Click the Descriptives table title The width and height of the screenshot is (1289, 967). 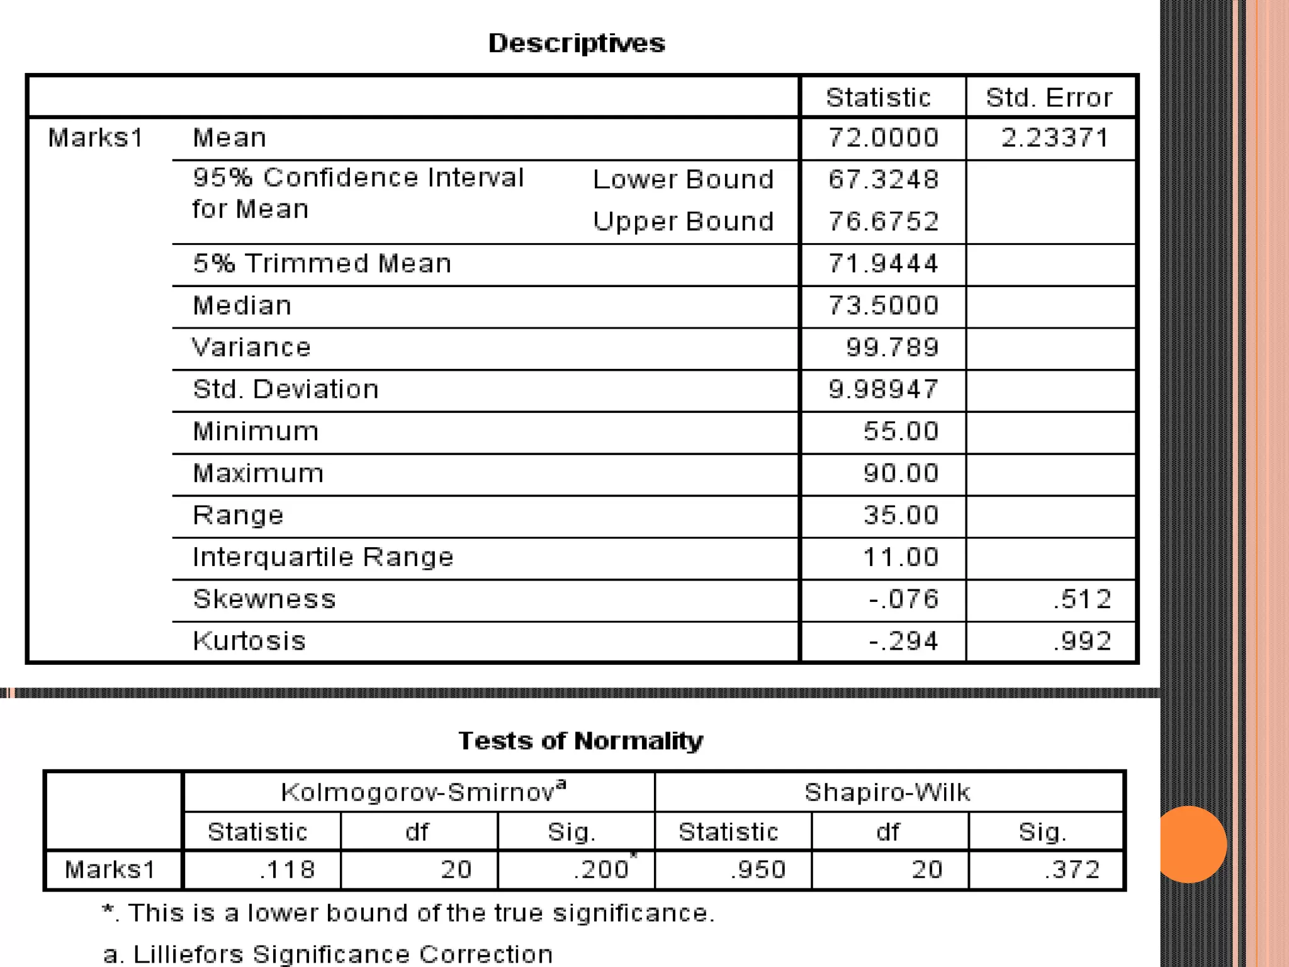577,43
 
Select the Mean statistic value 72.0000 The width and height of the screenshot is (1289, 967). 883,138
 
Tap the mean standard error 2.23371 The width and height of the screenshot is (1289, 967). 1055,138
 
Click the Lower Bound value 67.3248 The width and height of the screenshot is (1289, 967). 883,179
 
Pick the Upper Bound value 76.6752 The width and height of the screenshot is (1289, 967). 883,222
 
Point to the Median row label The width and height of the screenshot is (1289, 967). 242,306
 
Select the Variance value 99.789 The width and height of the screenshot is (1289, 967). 892,348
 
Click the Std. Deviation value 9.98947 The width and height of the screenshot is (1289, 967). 883,390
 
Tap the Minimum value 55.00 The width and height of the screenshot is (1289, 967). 901,432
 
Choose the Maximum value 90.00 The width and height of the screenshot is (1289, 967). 901,473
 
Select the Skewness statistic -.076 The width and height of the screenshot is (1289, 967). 904,599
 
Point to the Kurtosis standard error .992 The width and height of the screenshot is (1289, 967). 1082,642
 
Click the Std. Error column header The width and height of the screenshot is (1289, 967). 1049,98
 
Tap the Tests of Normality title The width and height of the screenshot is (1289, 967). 580,741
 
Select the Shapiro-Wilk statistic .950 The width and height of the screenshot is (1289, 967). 758,870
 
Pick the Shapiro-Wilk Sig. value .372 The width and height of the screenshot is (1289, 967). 1072,870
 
